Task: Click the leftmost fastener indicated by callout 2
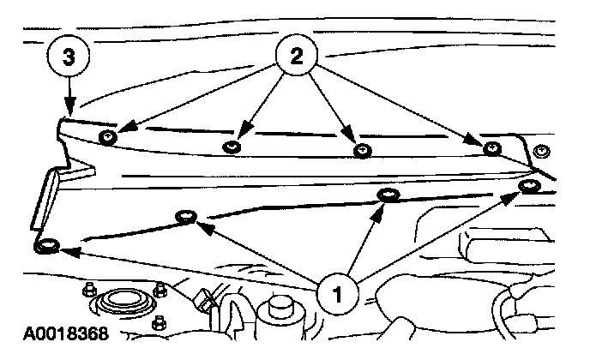click(108, 138)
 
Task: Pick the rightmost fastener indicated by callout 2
click(491, 149)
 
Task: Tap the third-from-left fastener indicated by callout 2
click(362, 151)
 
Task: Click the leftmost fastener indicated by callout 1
click(47, 247)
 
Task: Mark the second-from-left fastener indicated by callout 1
click(184, 216)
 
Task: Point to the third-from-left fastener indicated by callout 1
click(388, 197)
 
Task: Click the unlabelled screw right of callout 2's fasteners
click(539, 153)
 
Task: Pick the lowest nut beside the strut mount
click(160, 323)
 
